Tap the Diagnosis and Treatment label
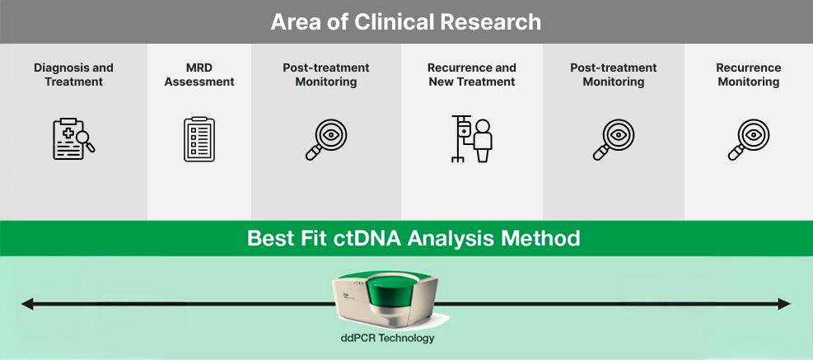tap(73, 75)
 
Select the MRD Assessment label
tap(199, 75)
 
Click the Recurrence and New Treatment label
tap(472, 75)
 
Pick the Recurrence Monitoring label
tap(748, 75)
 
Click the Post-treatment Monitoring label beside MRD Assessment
tap(325, 75)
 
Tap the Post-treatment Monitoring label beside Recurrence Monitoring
tap(613, 75)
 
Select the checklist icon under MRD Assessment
tap(199, 138)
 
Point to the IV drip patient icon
tap(472, 139)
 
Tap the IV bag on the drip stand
tap(464, 130)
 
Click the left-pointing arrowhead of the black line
tap(26, 305)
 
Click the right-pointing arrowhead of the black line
tap(784, 305)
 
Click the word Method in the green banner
tap(539, 240)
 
